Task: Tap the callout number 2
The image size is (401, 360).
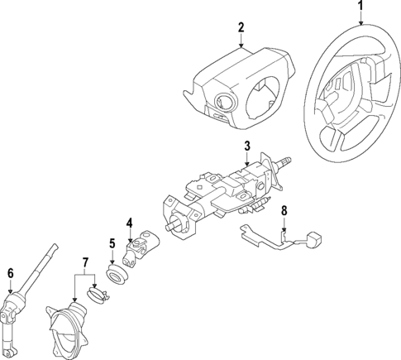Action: (x=241, y=27)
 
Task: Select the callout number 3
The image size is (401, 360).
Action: (x=246, y=146)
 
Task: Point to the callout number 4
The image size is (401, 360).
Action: (x=129, y=222)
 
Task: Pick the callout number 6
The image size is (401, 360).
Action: (x=10, y=273)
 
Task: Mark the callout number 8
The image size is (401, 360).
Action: (x=284, y=211)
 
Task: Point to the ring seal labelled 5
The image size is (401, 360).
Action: (x=117, y=274)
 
